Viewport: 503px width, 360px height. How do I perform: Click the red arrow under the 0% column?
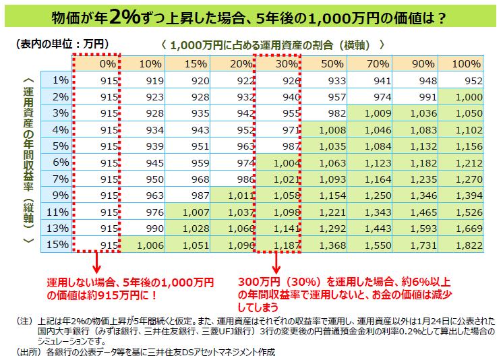[x=96, y=262]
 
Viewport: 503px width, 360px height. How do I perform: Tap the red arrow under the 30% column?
[x=277, y=262]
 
